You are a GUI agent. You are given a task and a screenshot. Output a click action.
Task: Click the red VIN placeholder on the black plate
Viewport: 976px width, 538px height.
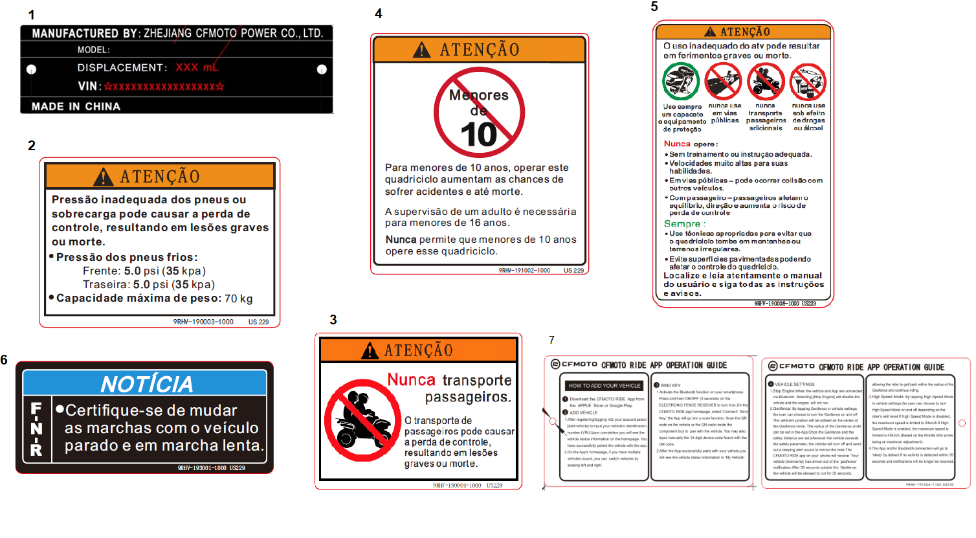click(x=164, y=86)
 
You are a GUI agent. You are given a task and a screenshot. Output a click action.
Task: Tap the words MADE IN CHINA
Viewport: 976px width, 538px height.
click(x=76, y=107)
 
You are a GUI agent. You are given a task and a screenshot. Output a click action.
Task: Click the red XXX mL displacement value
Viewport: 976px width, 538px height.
click(x=197, y=67)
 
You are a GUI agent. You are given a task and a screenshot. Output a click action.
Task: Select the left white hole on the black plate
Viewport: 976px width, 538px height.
click(x=31, y=69)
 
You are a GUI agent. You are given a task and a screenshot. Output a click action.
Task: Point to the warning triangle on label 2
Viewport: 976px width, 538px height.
click(x=103, y=177)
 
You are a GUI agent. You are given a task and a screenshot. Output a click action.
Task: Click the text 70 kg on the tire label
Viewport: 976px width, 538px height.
click(x=238, y=298)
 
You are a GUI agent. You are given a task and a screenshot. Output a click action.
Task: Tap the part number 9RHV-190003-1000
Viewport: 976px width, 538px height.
click(x=203, y=322)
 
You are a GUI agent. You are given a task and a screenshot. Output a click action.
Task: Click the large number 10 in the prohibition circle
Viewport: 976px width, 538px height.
click(x=478, y=135)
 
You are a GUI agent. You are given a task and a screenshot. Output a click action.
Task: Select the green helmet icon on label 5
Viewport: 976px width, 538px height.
click(x=681, y=82)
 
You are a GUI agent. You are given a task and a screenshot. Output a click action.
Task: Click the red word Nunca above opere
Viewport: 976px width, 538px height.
click(x=677, y=144)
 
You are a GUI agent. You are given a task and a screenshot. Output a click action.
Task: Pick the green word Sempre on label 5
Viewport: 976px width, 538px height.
click(x=682, y=223)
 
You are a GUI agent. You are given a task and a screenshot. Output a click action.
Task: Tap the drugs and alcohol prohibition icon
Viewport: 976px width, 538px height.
click(x=808, y=82)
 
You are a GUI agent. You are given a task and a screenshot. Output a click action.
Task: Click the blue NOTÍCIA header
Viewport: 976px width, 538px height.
click(x=146, y=384)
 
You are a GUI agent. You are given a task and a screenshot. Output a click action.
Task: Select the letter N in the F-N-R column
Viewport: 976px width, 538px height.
click(x=36, y=429)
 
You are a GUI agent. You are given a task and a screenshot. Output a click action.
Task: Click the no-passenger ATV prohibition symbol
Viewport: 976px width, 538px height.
click(x=362, y=420)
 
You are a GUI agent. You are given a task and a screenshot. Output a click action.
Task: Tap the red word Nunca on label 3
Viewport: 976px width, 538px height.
click(x=411, y=379)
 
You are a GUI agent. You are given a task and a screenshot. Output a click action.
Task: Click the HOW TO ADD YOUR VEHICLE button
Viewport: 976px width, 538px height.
click(x=604, y=385)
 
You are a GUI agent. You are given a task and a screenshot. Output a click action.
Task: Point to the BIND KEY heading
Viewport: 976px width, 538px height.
click(x=671, y=385)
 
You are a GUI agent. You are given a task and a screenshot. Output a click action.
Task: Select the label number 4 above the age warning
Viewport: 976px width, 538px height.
click(x=379, y=14)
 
